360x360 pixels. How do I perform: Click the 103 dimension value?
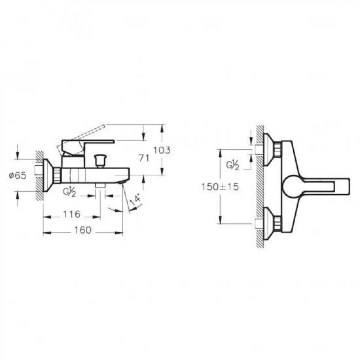[x=162, y=150]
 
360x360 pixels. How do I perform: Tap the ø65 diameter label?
[x=17, y=175]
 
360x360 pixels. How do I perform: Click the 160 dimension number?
[x=83, y=230]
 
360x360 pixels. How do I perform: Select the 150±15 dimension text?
[x=220, y=187]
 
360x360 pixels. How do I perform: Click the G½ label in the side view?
[x=69, y=192]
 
